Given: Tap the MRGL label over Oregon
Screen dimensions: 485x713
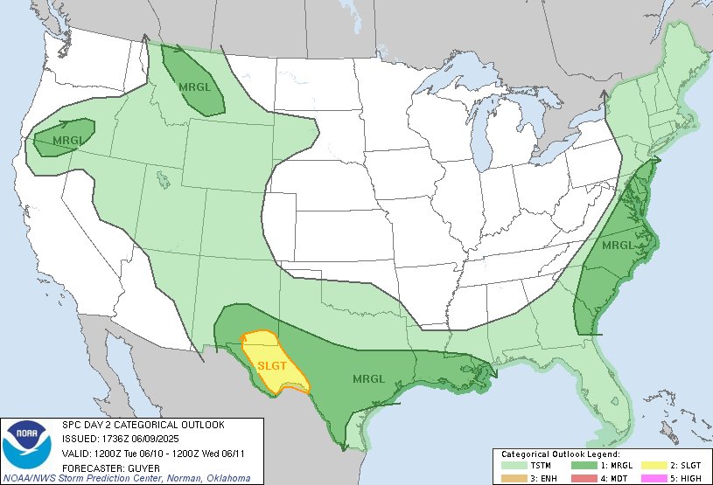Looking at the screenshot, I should click(x=67, y=140).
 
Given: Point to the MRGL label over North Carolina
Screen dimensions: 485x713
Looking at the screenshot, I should click(x=617, y=245).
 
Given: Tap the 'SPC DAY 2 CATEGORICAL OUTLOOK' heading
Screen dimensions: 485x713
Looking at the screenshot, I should click(x=143, y=425).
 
